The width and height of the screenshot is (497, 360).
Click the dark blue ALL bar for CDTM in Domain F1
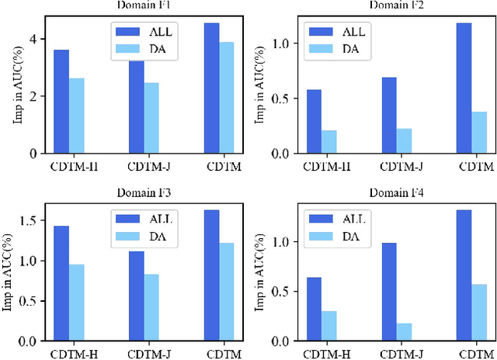(211, 88)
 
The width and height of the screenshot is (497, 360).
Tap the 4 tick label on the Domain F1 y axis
(33, 40)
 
